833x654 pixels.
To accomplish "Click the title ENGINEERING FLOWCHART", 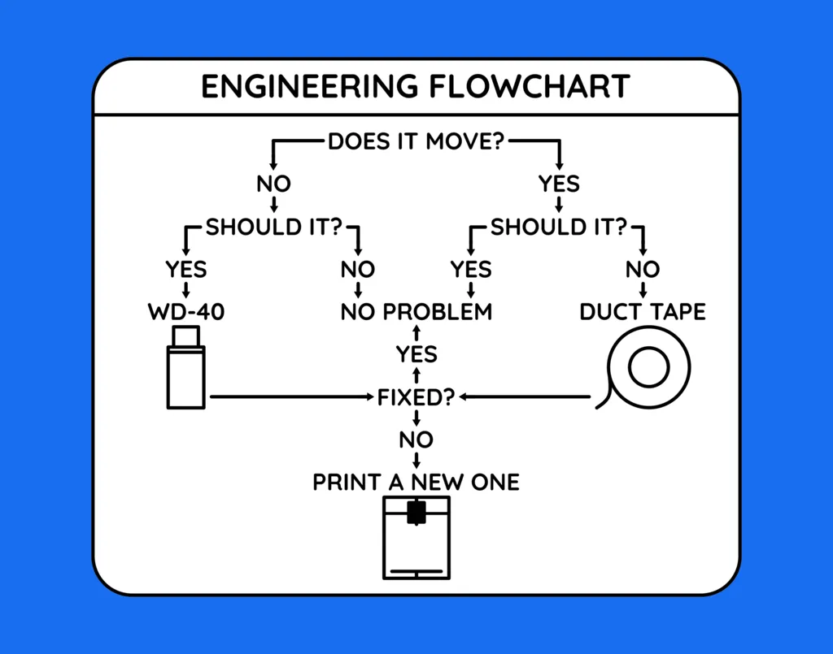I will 416,87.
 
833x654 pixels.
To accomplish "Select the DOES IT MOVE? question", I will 416,142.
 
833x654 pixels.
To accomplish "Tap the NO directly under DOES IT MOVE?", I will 274,184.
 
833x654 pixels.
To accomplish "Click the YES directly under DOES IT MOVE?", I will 559,184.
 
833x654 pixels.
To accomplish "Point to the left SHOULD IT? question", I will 274,227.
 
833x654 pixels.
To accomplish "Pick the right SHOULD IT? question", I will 559,227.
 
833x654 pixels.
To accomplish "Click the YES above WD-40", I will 186,269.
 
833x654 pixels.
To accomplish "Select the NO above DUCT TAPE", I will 643,269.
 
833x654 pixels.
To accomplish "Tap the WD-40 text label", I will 186,312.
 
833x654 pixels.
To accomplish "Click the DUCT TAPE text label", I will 643,312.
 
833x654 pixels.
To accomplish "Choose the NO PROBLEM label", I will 416,312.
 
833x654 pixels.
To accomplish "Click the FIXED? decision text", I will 416,397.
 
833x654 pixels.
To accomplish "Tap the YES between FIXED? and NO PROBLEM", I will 416,355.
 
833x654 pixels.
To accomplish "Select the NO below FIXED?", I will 416,440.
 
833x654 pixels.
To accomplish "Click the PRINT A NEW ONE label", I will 416,483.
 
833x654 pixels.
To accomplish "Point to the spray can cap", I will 186,336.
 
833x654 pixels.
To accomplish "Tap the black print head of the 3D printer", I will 416,512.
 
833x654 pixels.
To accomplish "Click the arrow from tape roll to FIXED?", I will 525,397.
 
